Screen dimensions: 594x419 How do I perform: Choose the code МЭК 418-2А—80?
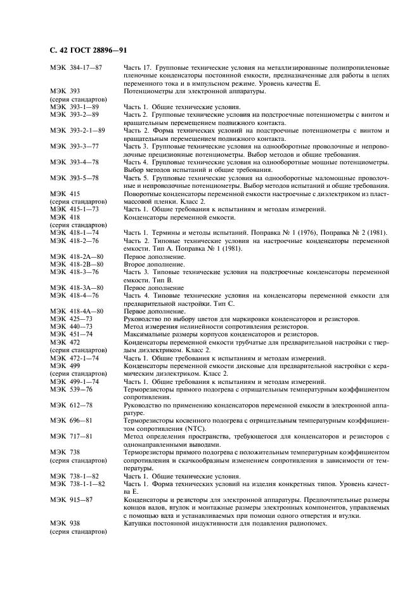(76, 256)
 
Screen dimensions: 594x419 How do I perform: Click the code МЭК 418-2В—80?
(76, 264)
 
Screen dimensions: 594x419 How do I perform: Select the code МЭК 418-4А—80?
(76, 311)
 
